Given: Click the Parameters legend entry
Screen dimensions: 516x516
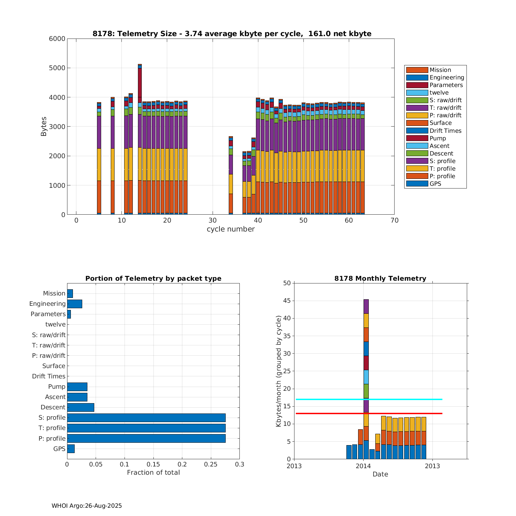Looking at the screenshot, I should click(446, 85).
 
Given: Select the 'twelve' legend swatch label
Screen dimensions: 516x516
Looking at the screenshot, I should click(439, 93).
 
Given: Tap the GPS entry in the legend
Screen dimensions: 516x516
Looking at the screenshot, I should click(435, 184).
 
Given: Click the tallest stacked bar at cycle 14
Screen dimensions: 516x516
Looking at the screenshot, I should click(140, 138).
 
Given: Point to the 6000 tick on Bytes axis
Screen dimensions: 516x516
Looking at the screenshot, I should click(57, 39).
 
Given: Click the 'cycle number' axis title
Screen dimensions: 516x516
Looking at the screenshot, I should click(230, 229).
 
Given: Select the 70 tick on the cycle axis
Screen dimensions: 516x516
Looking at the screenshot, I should click(394, 221).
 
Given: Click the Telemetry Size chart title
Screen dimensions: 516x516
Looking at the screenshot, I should click(232, 34).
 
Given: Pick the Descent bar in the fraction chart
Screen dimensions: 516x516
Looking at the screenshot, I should click(80, 407).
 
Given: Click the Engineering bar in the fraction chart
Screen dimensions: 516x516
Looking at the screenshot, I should click(75, 304).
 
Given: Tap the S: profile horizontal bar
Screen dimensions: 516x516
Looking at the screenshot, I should click(146, 418).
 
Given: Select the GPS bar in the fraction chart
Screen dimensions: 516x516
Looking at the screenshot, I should click(71, 449).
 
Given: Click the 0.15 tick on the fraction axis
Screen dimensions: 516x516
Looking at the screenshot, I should click(153, 464).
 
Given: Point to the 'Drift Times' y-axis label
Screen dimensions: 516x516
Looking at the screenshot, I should click(49, 376).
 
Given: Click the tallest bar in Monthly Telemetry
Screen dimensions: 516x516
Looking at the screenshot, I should click(366, 378).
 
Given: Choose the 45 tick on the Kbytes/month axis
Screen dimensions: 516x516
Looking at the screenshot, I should click(287, 301).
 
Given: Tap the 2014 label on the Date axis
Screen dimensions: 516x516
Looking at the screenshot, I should click(363, 466).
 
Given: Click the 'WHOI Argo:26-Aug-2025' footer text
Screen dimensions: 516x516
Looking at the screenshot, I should click(87, 506).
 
